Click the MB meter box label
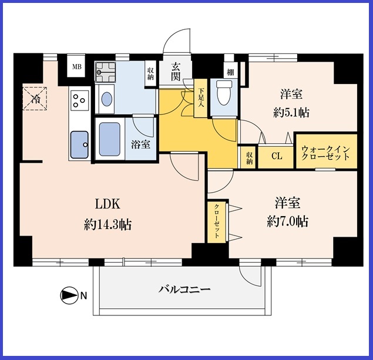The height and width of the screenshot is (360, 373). pos(77,67)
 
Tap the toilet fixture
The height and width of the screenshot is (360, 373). pos(224,93)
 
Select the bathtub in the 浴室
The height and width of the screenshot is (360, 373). pos(110,139)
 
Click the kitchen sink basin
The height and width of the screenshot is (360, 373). pos(79,144)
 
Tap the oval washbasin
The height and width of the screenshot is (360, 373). pos(106,99)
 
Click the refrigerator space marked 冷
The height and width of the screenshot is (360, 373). pos(35,99)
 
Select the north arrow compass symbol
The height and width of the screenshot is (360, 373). pos(69,295)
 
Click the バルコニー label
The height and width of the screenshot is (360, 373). pos(184,290)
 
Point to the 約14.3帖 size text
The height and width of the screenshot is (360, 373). pos(107,224)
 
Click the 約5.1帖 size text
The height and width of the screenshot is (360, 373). pos(291,112)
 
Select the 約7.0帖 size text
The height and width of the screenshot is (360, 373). pos(288,221)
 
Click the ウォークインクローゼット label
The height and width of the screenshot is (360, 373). pos(326,153)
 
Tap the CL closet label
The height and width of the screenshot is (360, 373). pos(277,156)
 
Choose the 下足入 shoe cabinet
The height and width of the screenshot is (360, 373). pos(200,98)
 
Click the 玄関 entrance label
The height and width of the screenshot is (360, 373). pos(176,72)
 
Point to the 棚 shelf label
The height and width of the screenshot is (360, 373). pos(230,72)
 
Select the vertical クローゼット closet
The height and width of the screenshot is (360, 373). pos(217,222)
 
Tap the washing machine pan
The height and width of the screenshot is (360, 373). pos(105,72)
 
